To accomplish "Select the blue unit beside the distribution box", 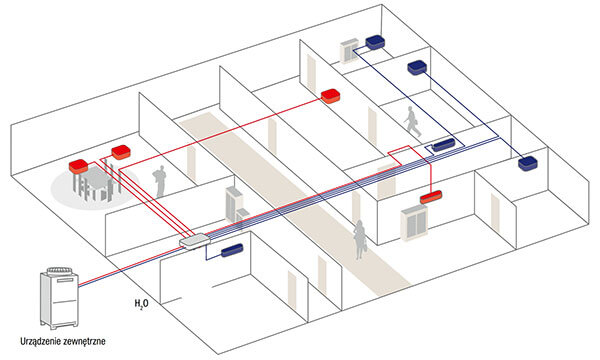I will pos(231,248).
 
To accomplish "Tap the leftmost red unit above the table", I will pos(81,163).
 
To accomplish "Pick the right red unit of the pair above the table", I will pos(121,152).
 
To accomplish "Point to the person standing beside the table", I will pos(157,185).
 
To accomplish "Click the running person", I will pos(413,122).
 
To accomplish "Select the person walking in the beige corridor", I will pos(357,240).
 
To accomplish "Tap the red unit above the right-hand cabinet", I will pos(431,198).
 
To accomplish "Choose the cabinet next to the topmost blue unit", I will pos(350,49).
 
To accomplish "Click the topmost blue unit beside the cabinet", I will pos(375,42).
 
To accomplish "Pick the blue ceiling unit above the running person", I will pos(441,147).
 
